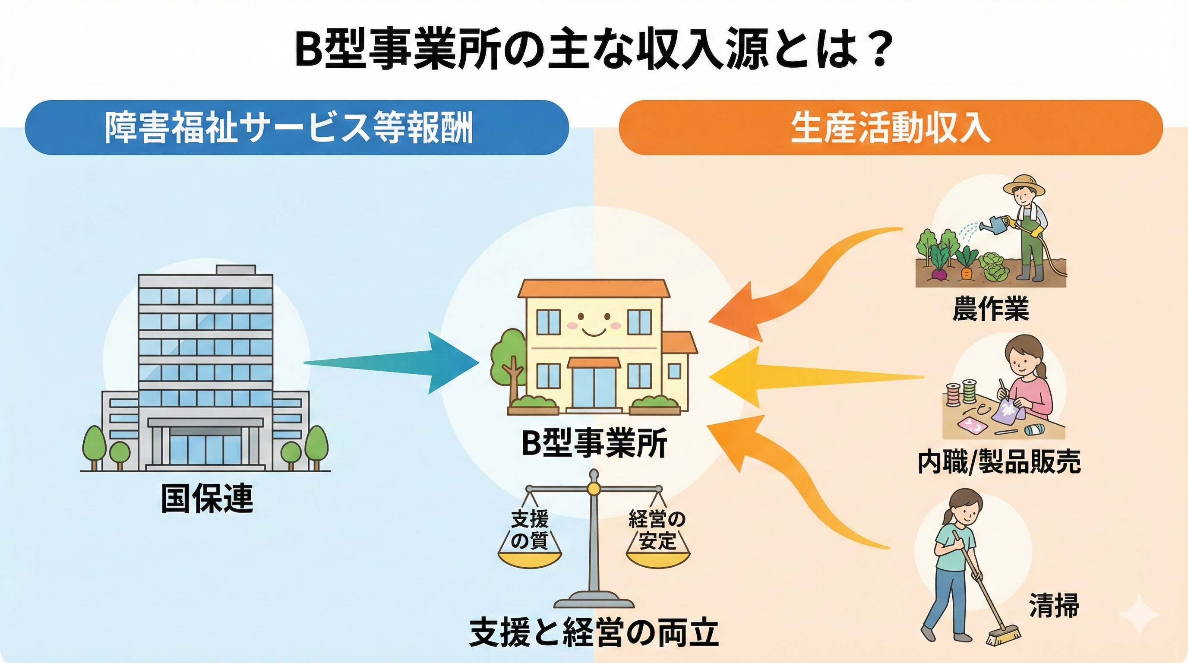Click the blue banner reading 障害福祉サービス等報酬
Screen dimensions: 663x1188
point(297,127)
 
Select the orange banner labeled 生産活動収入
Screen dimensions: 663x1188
point(890,127)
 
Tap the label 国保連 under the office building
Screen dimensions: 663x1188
point(207,499)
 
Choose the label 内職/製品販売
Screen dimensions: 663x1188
point(998,461)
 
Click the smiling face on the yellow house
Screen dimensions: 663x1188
point(594,323)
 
